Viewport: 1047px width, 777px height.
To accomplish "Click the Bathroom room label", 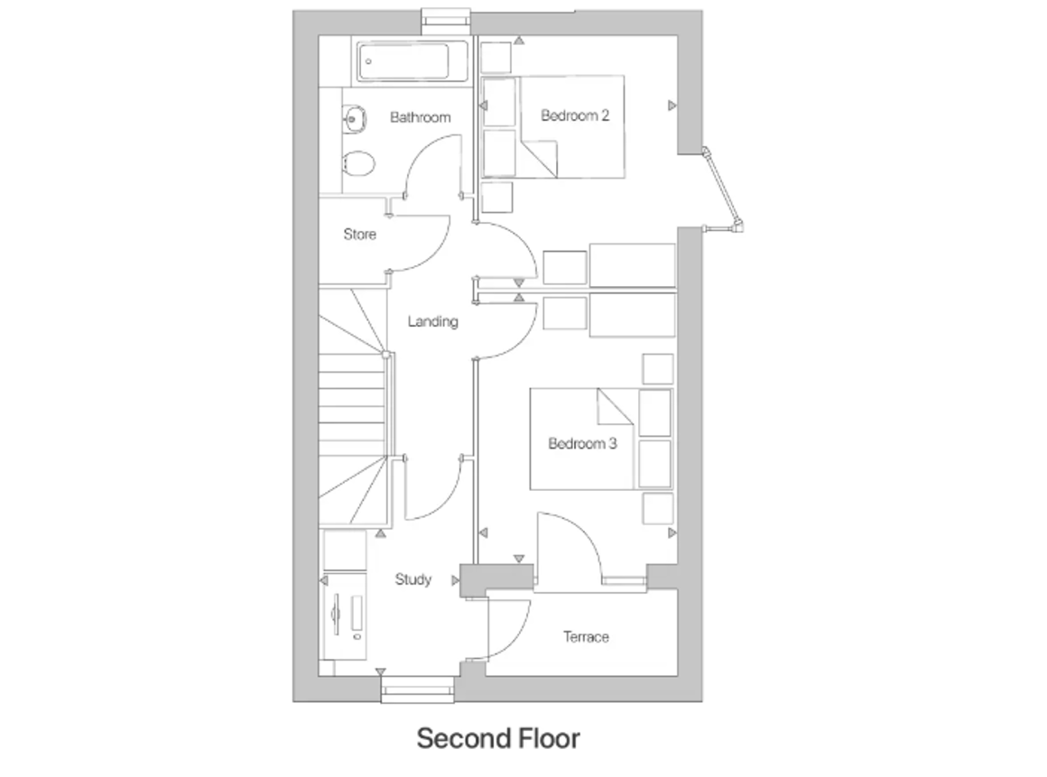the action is pos(420,117).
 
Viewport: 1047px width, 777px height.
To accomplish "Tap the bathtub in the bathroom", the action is pos(403,61).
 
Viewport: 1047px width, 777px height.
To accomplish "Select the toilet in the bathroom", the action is pos(358,162).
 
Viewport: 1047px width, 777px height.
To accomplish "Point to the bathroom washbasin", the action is pos(354,119).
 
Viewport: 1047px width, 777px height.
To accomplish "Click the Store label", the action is pos(360,235).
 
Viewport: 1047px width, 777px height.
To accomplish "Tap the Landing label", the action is pos(432,322).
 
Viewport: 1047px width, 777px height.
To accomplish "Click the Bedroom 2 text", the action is pos(575,116).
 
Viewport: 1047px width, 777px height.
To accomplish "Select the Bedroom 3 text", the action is pos(582,444).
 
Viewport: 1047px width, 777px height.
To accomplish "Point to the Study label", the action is pos(413,579).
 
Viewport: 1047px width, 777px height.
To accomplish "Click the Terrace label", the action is pos(586,637).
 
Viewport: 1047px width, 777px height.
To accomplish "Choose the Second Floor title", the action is pos(498,738).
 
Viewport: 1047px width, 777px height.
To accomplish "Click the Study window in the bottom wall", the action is pos(417,689).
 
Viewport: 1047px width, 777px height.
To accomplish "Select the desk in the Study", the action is pos(345,616).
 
